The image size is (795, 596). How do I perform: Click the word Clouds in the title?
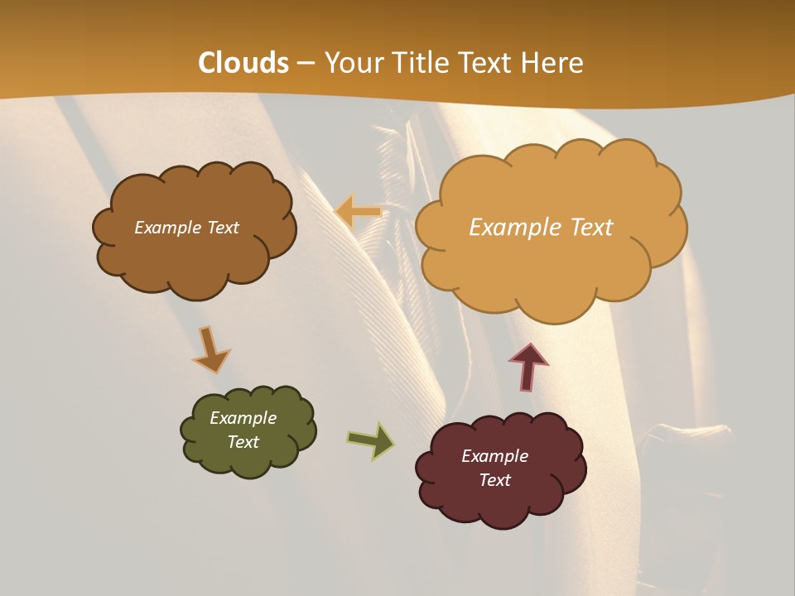click(243, 63)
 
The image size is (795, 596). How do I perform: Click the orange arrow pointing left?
click(358, 212)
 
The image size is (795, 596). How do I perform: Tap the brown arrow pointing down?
click(210, 348)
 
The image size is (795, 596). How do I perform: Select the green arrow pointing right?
click(370, 440)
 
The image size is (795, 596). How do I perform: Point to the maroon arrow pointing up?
click(528, 366)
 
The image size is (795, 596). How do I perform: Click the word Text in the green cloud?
click(243, 442)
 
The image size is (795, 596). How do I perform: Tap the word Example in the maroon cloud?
click(494, 456)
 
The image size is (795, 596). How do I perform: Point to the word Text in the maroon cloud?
click(494, 480)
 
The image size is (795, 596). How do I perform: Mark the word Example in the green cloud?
click(243, 418)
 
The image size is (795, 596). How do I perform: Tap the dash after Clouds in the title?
click(305, 63)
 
